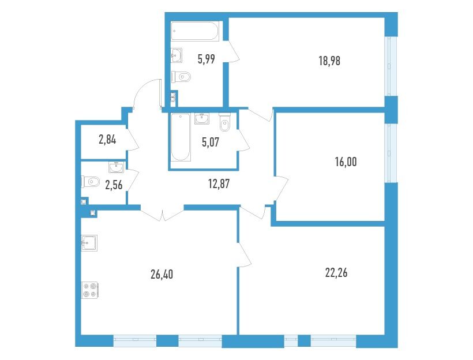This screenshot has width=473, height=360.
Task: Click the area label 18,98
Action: [x=329, y=61]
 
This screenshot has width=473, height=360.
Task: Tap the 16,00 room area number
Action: [x=346, y=162]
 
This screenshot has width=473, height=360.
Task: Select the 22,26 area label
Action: [x=336, y=273]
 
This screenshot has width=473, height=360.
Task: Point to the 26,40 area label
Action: [x=162, y=275]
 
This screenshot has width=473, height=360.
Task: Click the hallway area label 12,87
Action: [x=219, y=183]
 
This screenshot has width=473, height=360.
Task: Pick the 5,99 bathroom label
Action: [x=207, y=59]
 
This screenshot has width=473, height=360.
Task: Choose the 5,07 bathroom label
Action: [x=211, y=142]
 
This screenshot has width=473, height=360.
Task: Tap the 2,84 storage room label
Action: [x=107, y=140]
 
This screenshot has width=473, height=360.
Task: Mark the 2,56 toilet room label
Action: [x=114, y=185]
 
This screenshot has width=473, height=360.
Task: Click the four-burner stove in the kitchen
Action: [x=90, y=290]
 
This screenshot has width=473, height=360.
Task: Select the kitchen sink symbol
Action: [x=89, y=243]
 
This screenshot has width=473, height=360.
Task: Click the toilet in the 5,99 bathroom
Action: [x=181, y=77]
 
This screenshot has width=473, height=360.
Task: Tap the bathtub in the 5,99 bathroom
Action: [x=195, y=31]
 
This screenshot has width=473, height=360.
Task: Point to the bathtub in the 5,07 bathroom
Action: [x=181, y=137]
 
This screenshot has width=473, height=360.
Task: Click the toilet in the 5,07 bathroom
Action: [x=225, y=122]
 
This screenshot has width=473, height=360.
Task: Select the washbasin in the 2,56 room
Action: [x=116, y=167]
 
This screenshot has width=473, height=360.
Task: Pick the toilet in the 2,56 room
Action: [x=90, y=182]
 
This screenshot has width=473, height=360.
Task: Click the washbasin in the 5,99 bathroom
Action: [x=177, y=55]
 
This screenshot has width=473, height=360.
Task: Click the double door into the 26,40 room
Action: [x=162, y=213]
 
